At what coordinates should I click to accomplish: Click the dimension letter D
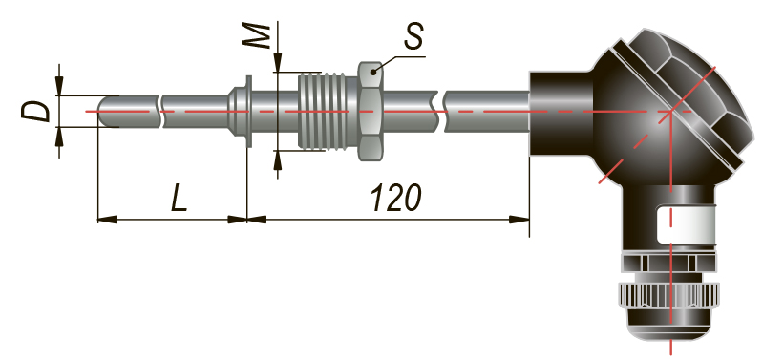coord(35,112)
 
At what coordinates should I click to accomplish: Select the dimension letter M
coord(257,35)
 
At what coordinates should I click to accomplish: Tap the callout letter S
coord(414,36)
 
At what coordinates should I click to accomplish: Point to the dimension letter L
coord(180,197)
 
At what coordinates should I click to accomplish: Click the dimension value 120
coord(395,198)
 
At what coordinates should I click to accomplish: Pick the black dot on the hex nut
coord(373,72)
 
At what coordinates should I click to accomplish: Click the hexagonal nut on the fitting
coord(371,111)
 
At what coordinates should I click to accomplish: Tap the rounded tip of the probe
coord(104,112)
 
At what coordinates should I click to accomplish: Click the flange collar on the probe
coord(247,112)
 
